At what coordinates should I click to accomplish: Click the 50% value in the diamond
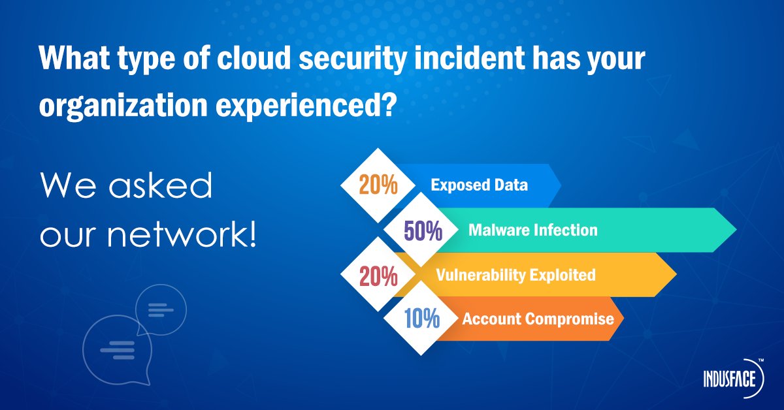(x=423, y=231)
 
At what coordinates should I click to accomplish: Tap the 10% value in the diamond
(x=421, y=319)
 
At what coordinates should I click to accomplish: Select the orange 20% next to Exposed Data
(x=378, y=185)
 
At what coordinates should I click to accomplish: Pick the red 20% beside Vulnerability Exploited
(x=378, y=276)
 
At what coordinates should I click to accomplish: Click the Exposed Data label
(x=479, y=185)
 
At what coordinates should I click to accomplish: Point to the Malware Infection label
(x=532, y=230)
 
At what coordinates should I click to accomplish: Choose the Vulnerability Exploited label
(x=515, y=275)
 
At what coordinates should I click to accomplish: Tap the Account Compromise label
(x=538, y=319)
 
